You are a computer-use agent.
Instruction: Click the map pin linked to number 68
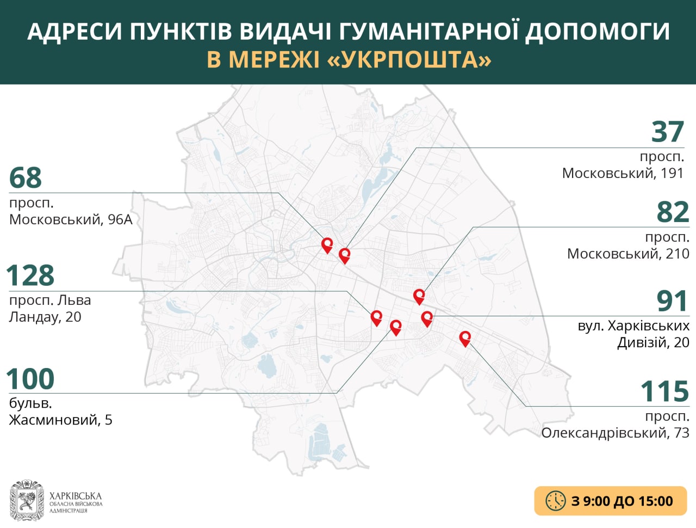pyautogui.click(x=327, y=245)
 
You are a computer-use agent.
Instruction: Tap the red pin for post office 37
pyautogui.click(x=344, y=255)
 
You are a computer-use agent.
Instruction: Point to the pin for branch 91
pyautogui.click(x=427, y=318)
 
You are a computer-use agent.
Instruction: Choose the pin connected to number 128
pyautogui.click(x=376, y=318)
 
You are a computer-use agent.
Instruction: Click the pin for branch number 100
pyautogui.click(x=396, y=327)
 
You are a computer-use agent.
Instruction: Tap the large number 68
pyautogui.click(x=26, y=177)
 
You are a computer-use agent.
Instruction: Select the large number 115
pyautogui.click(x=664, y=391)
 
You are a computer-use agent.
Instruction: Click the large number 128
pyautogui.click(x=30, y=275)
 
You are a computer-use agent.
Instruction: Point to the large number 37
pyautogui.click(x=668, y=132)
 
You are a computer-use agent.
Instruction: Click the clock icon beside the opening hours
pyautogui.click(x=556, y=501)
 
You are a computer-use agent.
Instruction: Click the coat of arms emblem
pyautogui.click(x=27, y=500)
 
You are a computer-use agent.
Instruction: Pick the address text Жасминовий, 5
pyautogui.click(x=61, y=420)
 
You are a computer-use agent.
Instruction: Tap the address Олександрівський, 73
pyautogui.click(x=615, y=433)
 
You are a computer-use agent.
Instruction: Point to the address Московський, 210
pyautogui.click(x=628, y=254)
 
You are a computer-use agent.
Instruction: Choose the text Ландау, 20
pyautogui.click(x=45, y=317)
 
